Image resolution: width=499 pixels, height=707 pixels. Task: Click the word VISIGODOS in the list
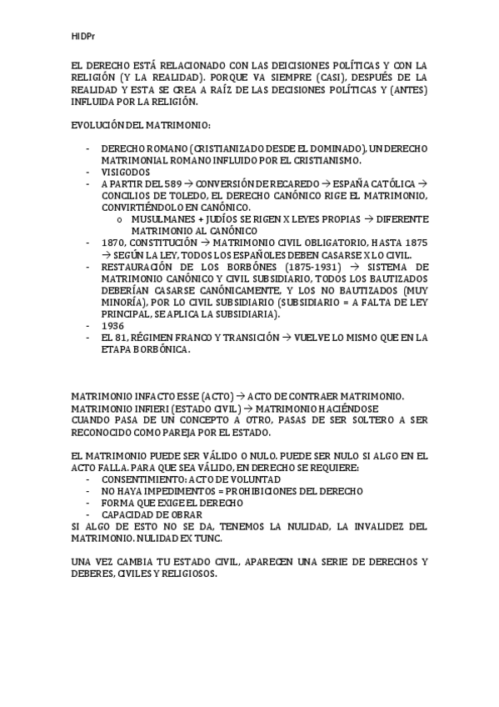pos(125,172)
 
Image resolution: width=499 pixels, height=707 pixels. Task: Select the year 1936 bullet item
pos(112,325)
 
